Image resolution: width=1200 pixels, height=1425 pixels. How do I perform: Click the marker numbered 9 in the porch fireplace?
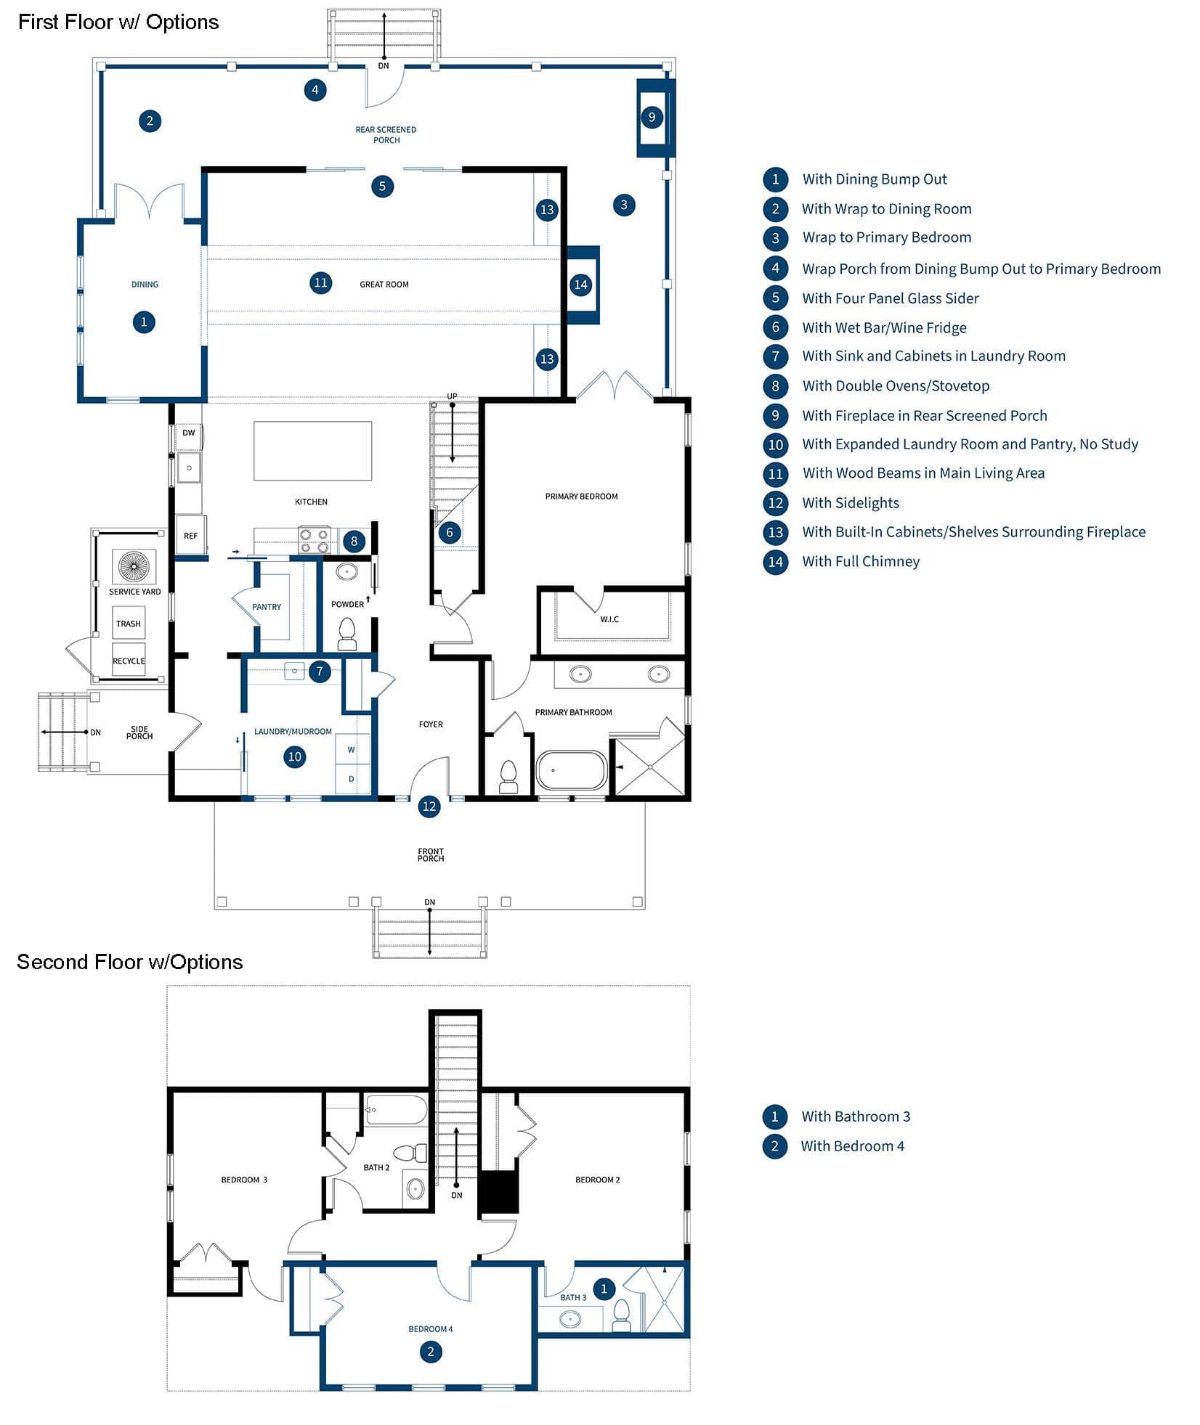[x=652, y=117]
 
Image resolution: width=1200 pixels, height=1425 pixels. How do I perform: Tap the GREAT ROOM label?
[x=384, y=285]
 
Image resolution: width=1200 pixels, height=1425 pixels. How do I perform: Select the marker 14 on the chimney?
[x=580, y=285]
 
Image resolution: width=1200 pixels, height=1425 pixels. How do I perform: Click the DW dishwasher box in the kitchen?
[x=188, y=433]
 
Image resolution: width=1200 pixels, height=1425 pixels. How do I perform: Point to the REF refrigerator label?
[x=190, y=536]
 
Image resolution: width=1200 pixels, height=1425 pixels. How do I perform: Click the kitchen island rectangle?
[x=312, y=451]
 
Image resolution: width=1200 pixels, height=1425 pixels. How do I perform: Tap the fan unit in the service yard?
[x=134, y=566]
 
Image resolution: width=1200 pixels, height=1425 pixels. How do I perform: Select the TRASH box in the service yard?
[x=129, y=624]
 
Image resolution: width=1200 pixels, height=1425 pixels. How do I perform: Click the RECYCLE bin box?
[x=129, y=660]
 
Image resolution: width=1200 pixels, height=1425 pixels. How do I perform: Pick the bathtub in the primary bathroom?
[x=572, y=770]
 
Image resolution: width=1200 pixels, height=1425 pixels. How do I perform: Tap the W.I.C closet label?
[x=609, y=619]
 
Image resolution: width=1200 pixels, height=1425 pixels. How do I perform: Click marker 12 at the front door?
[x=429, y=806]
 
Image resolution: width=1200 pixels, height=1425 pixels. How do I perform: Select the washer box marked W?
[x=352, y=750]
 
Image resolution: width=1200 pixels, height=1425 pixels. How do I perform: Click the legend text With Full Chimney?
[x=861, y=561]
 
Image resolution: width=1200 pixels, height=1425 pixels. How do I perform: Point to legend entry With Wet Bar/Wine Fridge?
[x=884, y=327]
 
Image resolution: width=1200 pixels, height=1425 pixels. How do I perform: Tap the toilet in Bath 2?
[x=412, y=1152]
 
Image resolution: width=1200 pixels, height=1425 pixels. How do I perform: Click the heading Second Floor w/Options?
[x=129, y=962]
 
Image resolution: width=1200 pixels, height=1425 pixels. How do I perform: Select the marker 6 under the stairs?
[x=449, y=532]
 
